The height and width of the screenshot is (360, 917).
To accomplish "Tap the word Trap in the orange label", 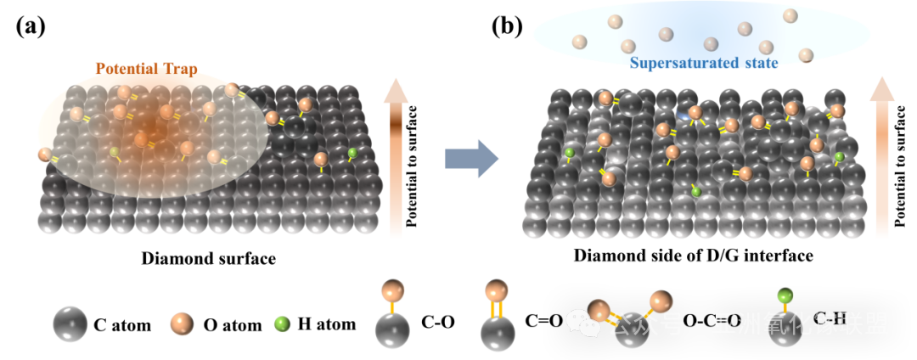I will (x=181, y=69).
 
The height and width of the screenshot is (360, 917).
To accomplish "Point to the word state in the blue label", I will (x=759, y=63).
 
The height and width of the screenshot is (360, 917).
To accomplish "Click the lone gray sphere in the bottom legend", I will (x=70, y=323).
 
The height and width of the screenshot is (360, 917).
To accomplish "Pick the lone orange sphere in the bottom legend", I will (x=182, y=323).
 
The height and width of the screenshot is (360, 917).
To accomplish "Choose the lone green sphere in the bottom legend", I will (x=282, y=323).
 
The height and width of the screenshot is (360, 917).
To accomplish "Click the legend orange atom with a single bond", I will (x=392, y=291).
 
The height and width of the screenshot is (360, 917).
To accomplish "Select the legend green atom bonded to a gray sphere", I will (x=785, y=296).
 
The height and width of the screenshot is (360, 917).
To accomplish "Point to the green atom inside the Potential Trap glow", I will (x=115, y=153).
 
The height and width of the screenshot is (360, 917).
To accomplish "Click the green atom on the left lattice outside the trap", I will (x=352, y=154).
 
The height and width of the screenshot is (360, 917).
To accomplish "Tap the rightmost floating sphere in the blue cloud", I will (x=806, y=56).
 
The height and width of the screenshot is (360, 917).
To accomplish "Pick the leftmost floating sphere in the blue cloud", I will (x=580, y=42).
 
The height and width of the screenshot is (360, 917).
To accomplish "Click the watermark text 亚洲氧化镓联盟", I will (x=800, y=323).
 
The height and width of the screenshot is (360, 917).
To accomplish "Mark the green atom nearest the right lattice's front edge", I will (x=696, y=192).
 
